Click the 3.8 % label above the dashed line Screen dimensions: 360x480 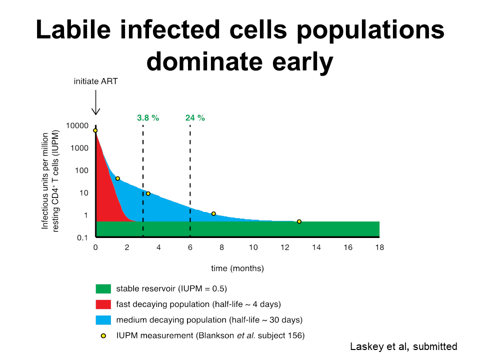[x=147, y=118]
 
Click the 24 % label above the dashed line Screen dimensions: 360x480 [x=195, y=118]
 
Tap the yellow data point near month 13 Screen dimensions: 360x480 [x=299, y=221]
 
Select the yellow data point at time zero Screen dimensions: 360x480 [x=95, y=130]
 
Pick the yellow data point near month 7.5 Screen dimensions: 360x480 [x=213, y=213]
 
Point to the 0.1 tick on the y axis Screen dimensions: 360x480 [x=82, y=237]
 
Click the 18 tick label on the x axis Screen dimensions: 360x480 [x=379, y=247]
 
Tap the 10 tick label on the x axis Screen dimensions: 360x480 [x=253, y=247]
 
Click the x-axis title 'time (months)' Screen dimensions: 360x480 [x=237, y=268]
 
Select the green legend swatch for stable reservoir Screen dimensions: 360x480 [x=103, y=288]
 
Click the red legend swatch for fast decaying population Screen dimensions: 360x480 [x=103, y=304]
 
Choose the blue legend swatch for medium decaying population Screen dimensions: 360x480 [x=103, y=319]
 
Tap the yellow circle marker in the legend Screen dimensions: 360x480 [x=103, y=335]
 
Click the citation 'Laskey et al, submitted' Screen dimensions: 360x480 [x=402, y=346]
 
